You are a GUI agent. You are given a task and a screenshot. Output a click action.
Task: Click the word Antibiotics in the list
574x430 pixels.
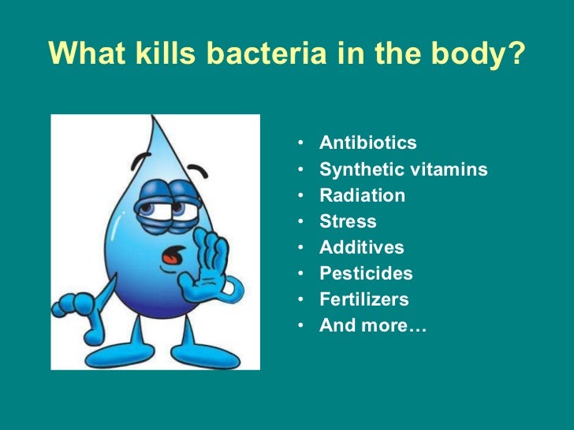click(x=367, y=143)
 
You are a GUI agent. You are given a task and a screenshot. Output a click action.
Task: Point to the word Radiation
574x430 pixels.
click(x=362, y=195)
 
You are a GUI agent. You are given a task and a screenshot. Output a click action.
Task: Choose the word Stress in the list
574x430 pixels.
click(x=348, y=221)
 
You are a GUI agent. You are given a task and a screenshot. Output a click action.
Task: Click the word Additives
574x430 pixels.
click(x=361, y=247)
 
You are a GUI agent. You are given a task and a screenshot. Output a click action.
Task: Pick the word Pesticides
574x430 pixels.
click(x=366, y=273)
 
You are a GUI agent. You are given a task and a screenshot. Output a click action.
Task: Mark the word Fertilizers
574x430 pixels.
click(x=363, y=299)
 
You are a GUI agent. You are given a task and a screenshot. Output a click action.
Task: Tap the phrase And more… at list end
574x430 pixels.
click(x=372, y=325)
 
